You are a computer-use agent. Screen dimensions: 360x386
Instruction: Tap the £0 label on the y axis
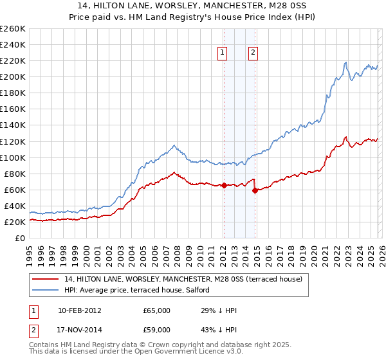coord(19,238)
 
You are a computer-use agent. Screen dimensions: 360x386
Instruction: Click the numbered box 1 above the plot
coord(223,53)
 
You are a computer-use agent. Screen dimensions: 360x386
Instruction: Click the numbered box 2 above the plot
coord(253,53)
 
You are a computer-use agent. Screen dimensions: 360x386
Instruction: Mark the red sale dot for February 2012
coord(223,185)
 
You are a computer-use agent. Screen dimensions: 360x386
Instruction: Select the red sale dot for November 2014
coord(255,190)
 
